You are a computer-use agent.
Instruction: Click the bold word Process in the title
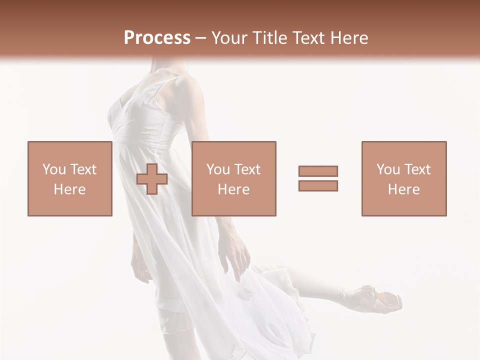(x=157, y=38)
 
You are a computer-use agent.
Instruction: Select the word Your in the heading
(x=230, y=38)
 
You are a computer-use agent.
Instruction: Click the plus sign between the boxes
(x=152, y=179)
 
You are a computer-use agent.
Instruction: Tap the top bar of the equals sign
(x=318, y=171)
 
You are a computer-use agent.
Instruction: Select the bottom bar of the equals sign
(x=318, y=185)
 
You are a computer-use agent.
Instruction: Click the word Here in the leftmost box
(x=69, y=189)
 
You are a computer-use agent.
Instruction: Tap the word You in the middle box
(x=217, y=169)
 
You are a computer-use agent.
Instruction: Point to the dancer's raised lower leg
(x=320, y=282)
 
